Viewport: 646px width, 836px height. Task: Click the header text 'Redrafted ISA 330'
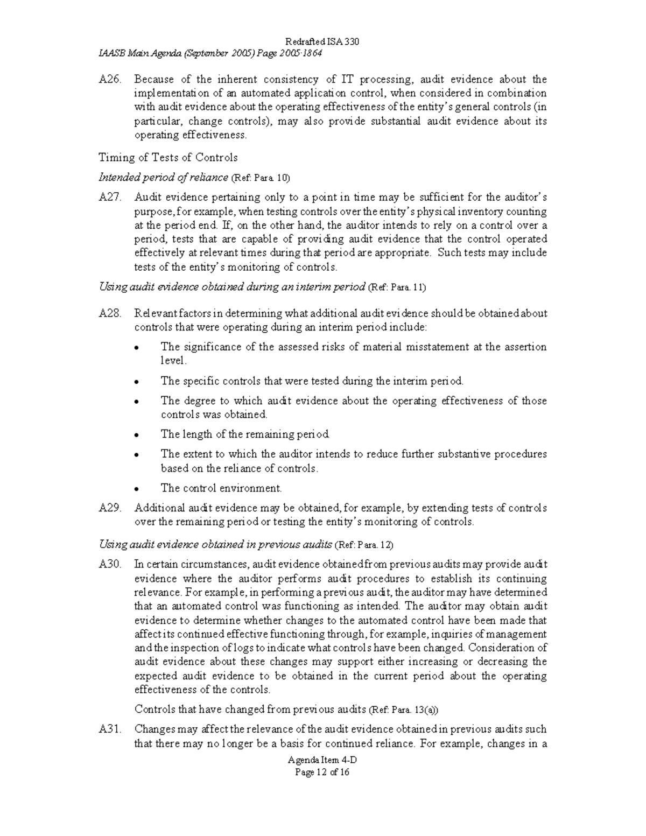(x=322, y=42)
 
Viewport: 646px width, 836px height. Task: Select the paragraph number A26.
(x=109, y=80)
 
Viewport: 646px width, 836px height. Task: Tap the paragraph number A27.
(x=109, y=198)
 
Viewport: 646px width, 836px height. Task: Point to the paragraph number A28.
(x=109, y=313)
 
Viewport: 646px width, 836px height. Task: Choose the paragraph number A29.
(x=109, y=508)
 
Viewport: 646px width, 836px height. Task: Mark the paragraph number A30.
(x=109, y=565)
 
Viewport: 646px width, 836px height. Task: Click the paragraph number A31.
(x=109, y=729)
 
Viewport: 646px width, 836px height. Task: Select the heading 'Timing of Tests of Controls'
(x=168, y=157)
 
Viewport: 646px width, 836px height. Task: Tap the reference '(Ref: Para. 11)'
(x=397, y=287)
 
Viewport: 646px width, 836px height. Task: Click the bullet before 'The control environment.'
(x=137, y=489)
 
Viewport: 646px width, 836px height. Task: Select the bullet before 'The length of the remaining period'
(x=137, y=435)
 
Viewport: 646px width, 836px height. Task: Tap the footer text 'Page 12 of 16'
(x=322, y=772)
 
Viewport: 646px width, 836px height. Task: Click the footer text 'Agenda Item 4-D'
(x=322, y=761)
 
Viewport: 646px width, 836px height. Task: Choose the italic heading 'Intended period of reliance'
(x=163, y=178)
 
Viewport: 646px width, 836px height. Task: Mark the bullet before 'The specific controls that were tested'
(x=137, y=382)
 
